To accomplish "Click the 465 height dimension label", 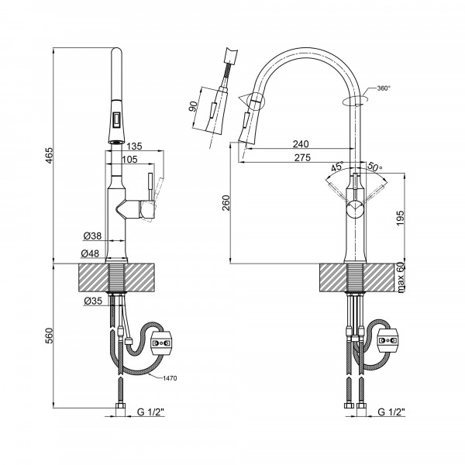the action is (49, 155).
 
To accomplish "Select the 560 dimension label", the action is (49, 336).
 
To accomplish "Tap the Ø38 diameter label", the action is (92, 236).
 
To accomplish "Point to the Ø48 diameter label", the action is (90, 253).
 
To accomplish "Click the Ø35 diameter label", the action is (93, 301).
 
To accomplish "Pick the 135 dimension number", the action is (134, 146).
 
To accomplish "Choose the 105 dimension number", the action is (129, 160).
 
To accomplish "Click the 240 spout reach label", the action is (301, 144).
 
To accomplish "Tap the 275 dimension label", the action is (302, 157).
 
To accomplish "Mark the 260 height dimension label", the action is (226, 203).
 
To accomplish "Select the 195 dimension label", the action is (401, 219).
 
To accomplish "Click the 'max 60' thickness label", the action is (401, 278).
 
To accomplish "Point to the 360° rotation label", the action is (384, 88).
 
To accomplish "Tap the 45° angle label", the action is (337, 167).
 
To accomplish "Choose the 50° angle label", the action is (375, 166).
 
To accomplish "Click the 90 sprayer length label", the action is (193, 106).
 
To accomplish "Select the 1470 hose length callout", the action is (170, 378).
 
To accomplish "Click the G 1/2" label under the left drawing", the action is (150, 412).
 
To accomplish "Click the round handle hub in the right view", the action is (355, 208).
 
